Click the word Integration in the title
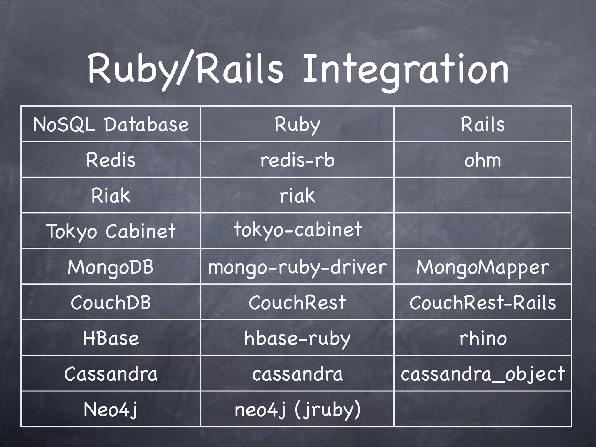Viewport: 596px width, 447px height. [405, 70]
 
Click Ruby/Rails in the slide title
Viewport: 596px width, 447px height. [185, 70]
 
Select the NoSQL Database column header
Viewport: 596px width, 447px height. [111, 125]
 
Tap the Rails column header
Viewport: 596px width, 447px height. [483, 125]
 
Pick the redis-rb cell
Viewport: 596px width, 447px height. [297, 160]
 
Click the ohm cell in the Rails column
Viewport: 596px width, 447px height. [483, 160]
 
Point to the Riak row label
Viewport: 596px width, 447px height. [111, 195]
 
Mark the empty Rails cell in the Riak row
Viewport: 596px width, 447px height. [483, 195]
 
